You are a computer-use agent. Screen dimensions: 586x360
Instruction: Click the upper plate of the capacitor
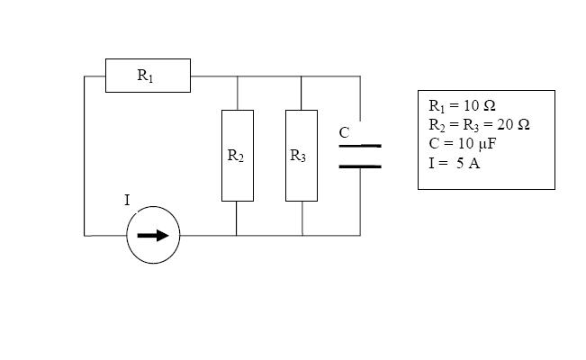click(x=360, y=146)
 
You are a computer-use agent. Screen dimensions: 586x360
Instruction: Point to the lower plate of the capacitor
click(x=360, y=166)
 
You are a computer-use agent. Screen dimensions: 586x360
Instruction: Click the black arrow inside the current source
click(x=153, y=236)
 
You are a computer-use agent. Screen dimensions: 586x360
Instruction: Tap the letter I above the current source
click(x=127, y=201)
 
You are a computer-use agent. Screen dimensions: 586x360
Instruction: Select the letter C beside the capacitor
click(x=344, y=132)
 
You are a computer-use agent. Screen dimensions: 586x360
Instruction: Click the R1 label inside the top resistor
click(x=146, y=76)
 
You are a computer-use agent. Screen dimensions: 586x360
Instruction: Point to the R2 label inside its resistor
click(x=236, y=156)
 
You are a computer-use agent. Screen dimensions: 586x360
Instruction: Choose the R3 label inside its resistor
click(x=298, y=156)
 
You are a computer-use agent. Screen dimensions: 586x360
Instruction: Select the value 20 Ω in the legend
click(x=513, y=124)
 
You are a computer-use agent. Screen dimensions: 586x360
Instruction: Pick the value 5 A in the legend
click(x=468, y=164)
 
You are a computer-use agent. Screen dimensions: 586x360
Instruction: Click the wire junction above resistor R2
click(x=238, y=76)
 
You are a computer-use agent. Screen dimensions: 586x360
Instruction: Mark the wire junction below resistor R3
click(x=302, y=236)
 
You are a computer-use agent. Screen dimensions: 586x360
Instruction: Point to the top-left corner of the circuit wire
click(x=85, y=76)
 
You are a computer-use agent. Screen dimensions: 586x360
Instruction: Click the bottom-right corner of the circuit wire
click(x=360, y=236)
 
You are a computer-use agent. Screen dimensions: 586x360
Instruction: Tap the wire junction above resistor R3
click(x=302, y=76)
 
